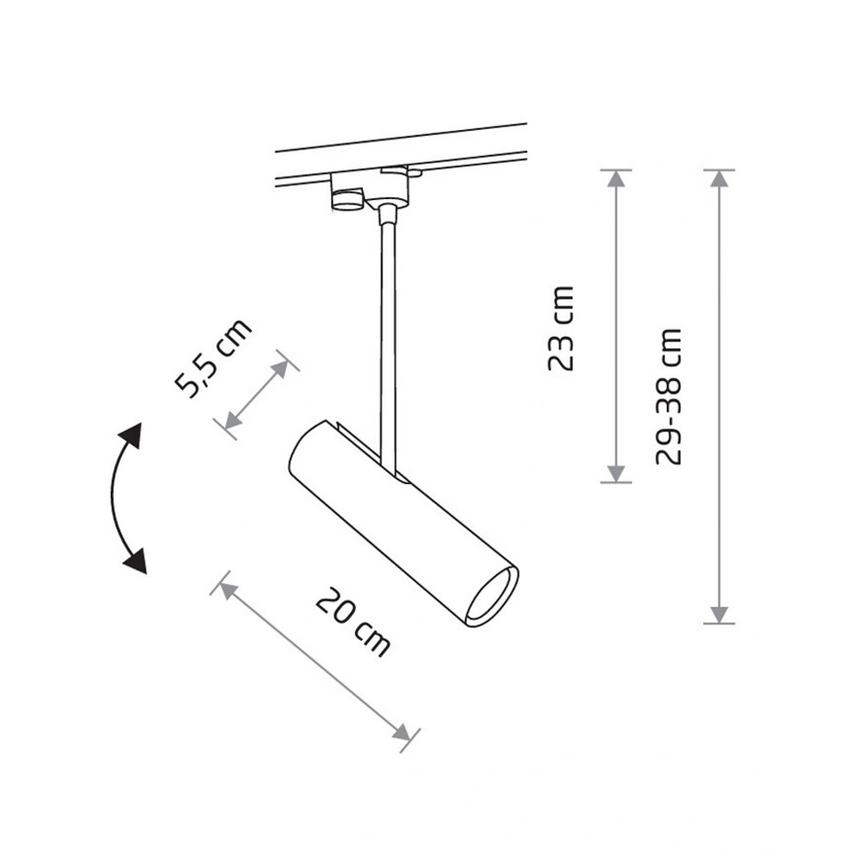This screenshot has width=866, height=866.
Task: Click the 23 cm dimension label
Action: [561, 328]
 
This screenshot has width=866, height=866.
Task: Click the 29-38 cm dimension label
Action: [669, 397]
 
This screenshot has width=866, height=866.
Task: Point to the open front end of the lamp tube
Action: [492, 598]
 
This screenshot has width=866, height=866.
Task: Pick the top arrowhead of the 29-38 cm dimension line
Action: [719, 178]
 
